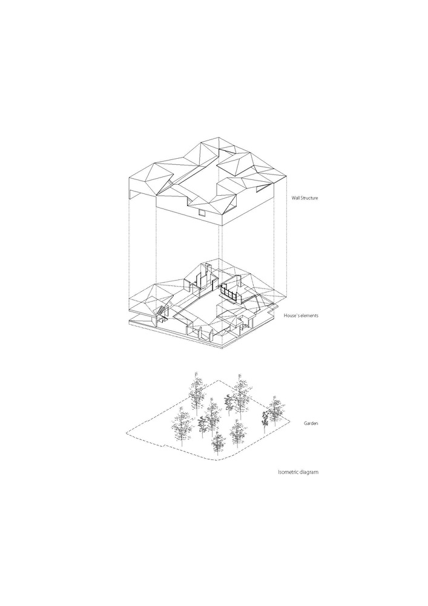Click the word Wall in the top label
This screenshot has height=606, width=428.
tap(295, 198)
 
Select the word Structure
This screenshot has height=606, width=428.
tap(309, 198)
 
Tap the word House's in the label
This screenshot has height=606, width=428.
tap(291, 316)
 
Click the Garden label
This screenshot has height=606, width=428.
tap(311, 424)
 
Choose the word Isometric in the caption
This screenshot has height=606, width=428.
tap(288, 472)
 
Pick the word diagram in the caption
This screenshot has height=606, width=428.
tap(309, 472)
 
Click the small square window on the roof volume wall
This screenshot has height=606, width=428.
tap(201, 211)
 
